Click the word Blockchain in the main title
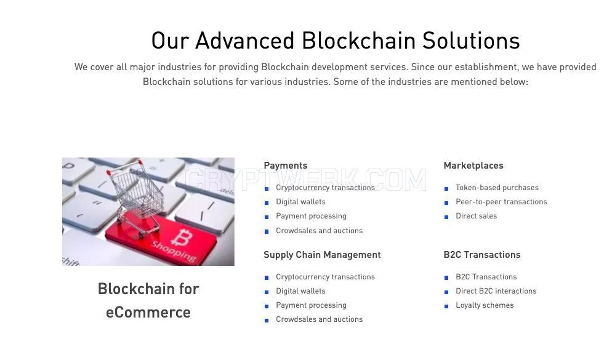tap(358, 41)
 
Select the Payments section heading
tap(285, 166)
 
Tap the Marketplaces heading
tap(473, 166)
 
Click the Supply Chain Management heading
tap(322, 255)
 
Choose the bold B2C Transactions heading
tap(482, 255)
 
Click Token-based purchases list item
tap(497, 188)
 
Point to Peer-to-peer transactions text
tap(501, 202)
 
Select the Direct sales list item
tap(476, 216)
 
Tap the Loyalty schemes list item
tap(485, 305)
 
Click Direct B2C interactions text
tap(496, 291)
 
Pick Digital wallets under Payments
tap(300, 202)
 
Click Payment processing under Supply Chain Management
tap(311, 305)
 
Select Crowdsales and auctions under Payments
tap(320, 231)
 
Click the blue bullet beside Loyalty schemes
tap(446, 306)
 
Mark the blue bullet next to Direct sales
tap(446, 217)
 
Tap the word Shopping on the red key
tap(174, 252)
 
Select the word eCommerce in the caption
tap(148, 313)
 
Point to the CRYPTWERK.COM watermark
tap(305, 180)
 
